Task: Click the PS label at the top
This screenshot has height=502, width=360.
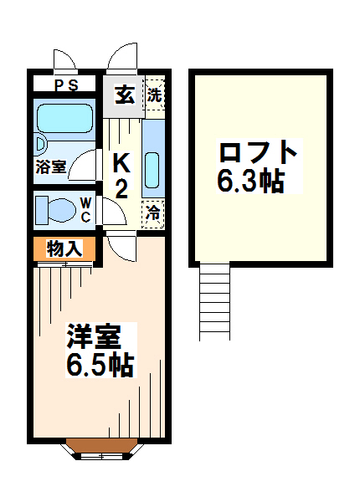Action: coord(66,85)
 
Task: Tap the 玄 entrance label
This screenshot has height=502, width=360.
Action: coord(124,95)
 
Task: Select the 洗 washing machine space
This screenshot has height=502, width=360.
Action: coord(155,95)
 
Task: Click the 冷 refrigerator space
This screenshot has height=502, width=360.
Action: coord(153,214)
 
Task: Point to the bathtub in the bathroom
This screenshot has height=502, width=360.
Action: coord(65,118)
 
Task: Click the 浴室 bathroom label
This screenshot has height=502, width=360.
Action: coord(50,166)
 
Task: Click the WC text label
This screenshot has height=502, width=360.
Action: coord(85,210)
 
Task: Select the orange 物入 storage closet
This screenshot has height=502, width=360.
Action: coord(64,248)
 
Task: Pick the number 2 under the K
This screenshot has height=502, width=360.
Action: coord(121,188)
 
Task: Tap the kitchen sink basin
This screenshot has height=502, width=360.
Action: coord(152,170)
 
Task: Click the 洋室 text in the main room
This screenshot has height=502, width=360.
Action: coord(94,336)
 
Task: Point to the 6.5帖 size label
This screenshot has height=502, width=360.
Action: coord(100,365)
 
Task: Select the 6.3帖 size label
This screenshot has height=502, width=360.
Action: coord(250,180)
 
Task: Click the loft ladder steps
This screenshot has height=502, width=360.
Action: coord(214,301)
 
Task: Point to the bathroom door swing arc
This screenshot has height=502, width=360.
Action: coord(83,166)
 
